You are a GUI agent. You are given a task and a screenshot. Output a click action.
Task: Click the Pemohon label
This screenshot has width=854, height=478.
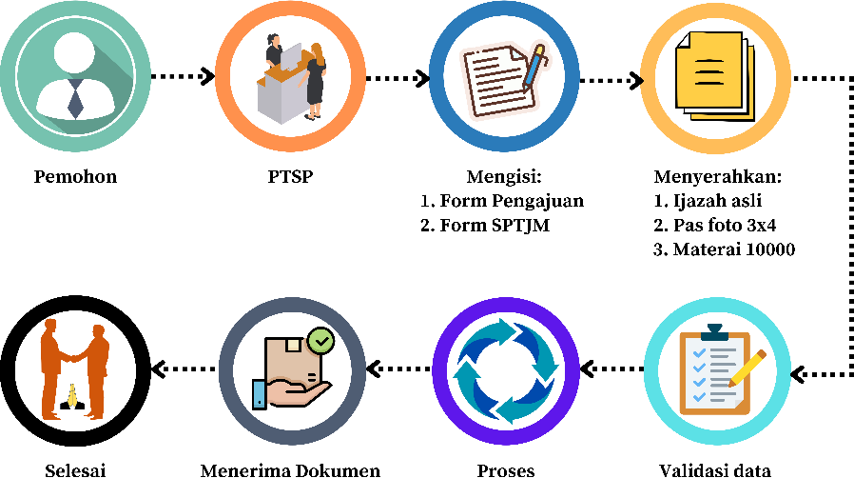pos(75,177)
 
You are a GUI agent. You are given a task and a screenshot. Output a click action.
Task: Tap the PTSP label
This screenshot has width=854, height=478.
pos(290,177)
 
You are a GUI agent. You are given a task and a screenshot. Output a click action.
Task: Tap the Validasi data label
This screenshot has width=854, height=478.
pos(714,469)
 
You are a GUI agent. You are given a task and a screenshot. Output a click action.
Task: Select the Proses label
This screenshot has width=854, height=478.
pos(505,469)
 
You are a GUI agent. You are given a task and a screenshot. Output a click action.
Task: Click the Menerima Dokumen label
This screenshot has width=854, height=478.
pos(290,469)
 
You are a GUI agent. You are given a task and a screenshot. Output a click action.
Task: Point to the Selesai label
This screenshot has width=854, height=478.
pos(75,469)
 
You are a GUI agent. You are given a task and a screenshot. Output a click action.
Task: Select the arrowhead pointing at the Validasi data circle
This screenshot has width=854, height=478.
pos(798,373)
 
